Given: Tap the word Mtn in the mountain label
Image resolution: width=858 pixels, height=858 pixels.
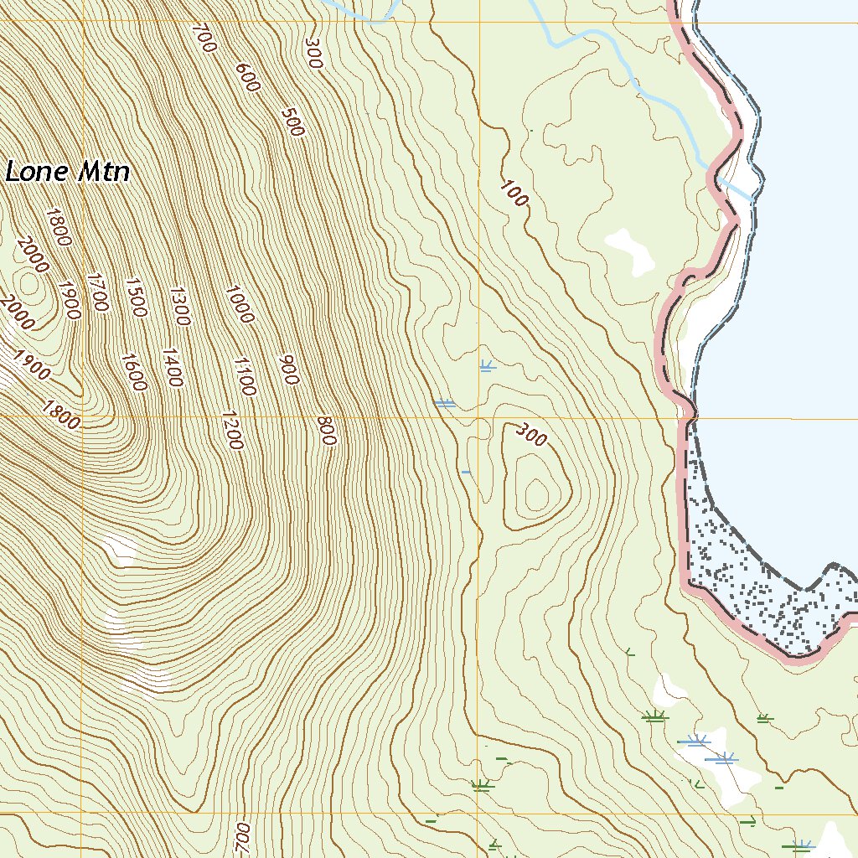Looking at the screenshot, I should pos(104,172).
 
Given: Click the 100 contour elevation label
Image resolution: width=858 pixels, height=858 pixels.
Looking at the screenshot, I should pos(514,194).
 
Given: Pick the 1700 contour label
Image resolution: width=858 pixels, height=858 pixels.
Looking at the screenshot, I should pos(96,292).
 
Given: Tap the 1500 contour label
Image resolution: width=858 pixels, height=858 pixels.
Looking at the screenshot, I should pos(135,297).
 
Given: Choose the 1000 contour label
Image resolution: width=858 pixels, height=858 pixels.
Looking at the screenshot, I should pos(239,304).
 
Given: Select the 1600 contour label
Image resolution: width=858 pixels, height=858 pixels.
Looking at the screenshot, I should pos(133,373).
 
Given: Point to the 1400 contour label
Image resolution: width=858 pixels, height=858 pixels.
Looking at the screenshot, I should pos(172,368).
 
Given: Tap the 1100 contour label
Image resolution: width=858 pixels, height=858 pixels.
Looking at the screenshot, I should pos(242,376).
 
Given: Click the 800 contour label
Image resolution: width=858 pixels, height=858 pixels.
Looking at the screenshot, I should pos(326,430).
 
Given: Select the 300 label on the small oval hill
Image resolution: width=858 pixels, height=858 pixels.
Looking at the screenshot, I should pos(531,436).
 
